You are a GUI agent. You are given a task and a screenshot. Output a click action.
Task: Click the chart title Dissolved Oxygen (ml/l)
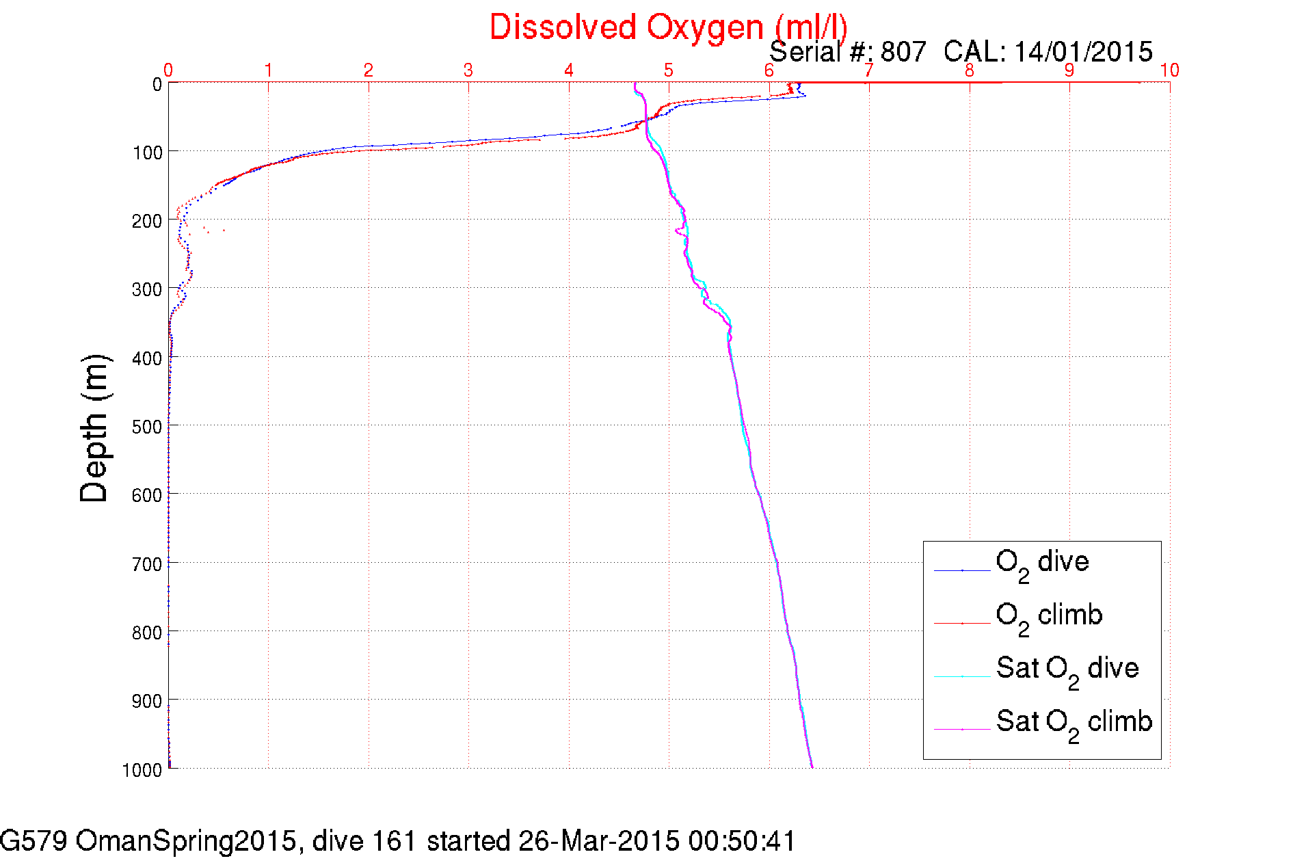[668, 28]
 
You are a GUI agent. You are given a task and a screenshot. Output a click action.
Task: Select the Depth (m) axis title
[94, 429]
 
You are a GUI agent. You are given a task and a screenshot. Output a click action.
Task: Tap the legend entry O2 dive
[1042, 563]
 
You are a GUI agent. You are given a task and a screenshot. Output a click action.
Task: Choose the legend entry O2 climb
[1049, 616]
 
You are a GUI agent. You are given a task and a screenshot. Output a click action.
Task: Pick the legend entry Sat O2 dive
[1067, 669]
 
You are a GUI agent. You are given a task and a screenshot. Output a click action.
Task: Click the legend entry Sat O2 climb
[1074, 722]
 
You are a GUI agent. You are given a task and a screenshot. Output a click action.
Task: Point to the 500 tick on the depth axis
[147, 427]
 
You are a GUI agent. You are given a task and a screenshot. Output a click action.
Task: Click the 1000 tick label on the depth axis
[142, 770]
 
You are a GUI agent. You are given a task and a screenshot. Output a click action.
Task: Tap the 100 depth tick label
[147, 152]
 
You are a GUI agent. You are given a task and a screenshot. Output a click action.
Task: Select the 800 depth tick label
[147, 633]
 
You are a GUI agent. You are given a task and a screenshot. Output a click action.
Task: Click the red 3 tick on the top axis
[468, 70]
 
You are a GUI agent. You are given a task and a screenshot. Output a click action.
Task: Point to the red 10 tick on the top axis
[1169, 70]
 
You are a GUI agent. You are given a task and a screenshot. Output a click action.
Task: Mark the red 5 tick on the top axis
[669, 70]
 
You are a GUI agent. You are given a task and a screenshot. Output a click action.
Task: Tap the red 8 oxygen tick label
[969, 70]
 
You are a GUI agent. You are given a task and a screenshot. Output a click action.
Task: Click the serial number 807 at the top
[903, 52]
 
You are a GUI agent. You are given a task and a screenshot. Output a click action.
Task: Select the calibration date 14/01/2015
[1083, 52]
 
